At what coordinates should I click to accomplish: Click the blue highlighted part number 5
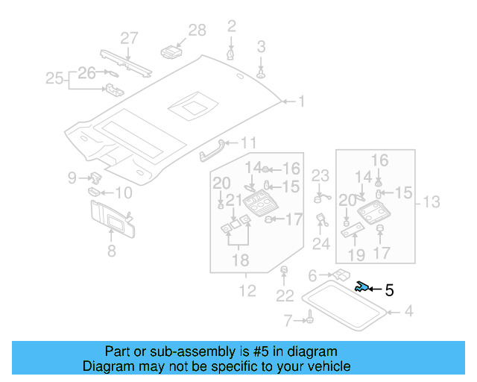[361, 286]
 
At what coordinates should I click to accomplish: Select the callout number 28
[197, 30]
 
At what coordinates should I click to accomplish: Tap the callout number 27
[130, 38]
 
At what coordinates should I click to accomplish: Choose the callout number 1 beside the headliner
[301, 101]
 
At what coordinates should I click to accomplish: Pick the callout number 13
[432, 201]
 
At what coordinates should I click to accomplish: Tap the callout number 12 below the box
[247, 290]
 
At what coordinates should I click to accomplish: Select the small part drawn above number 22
[283, 269]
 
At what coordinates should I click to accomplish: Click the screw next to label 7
[306, 321]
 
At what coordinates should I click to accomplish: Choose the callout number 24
[321, 243]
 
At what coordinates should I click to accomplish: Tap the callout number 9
[72, 178]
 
